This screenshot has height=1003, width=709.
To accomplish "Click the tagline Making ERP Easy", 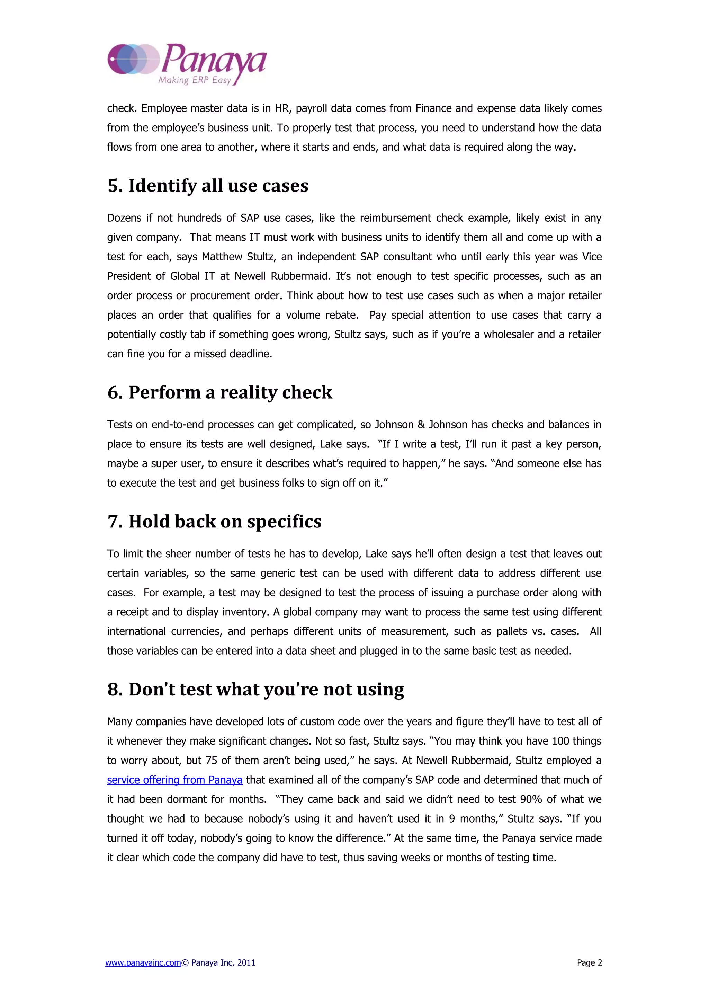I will coord(194,80).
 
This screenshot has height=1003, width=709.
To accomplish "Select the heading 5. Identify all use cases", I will coord(208,186).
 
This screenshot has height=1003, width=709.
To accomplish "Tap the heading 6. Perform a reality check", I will coord(219,392).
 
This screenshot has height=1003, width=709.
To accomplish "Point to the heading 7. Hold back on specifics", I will coord(214,522).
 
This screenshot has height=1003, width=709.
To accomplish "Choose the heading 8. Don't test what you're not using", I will coord(255,689).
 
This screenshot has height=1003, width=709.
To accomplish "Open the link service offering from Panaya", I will coord(174,780).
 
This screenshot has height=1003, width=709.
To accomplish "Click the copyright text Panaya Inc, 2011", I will coord(223,963).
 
